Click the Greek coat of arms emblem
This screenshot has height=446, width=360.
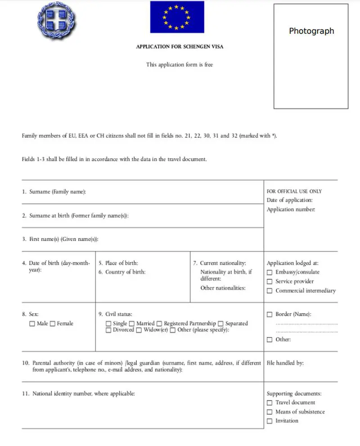pos(57,20)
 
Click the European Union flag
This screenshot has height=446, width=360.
pos(177,17)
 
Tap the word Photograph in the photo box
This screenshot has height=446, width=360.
pos(311,31)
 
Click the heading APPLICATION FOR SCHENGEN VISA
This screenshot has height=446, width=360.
pos(180,47)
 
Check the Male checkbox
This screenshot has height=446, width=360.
pos(32,324)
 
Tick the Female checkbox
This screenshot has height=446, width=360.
pos(53,324)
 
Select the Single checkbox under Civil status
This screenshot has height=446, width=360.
pos(108,324)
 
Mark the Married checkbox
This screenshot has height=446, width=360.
pos(131,324)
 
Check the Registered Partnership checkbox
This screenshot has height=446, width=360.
pos(159,324)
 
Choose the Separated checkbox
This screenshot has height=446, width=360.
pos(220,324)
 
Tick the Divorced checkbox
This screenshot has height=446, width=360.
pos(108,330)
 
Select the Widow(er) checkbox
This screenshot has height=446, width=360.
pos(139,330)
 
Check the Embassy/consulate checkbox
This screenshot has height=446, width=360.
pos(270,272)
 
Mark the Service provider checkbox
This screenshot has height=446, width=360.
pos(270,282)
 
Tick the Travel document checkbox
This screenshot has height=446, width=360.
pos(270,403)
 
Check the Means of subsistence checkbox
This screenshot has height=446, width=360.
pos(270,412)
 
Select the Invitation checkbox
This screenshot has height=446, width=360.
pos(270,421)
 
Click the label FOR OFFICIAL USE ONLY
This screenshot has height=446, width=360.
pos(294,192)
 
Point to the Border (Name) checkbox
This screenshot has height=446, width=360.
pos(270,315)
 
